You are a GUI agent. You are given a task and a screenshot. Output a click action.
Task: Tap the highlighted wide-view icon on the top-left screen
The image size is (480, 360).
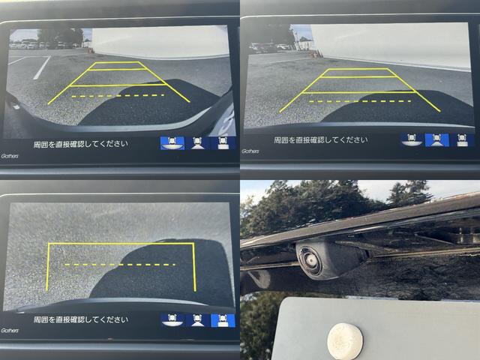[172, 143]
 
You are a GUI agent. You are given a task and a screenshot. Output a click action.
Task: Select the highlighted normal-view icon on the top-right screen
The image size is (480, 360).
[436, 140]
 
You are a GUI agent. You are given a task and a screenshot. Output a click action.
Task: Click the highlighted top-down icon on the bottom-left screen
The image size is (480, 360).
[223, 320]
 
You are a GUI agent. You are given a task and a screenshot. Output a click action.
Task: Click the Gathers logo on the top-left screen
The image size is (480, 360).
[10, 156]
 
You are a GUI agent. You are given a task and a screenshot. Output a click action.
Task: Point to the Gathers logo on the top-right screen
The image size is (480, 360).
[250, 151]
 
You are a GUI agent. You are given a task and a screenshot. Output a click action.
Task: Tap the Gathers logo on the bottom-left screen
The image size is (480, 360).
[10, 331]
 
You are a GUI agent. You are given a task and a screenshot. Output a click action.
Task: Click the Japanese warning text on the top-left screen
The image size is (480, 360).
[81, 144]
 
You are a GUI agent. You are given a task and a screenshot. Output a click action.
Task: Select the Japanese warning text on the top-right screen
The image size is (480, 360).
[320, 140]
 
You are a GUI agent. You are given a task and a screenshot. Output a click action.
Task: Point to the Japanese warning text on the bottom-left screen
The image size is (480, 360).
[81, 320]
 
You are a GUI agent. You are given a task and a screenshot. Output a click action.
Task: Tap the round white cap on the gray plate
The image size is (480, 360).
[345, 341]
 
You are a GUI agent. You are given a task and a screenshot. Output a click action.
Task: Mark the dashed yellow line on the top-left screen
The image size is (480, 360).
[118, 96]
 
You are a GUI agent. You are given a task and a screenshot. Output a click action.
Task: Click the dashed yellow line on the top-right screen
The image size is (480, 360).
[360, 101]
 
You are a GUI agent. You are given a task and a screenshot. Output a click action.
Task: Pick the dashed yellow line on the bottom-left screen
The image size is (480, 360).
[120, 265]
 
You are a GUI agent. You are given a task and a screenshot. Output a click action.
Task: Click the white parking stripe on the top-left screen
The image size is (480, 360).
[42, 67]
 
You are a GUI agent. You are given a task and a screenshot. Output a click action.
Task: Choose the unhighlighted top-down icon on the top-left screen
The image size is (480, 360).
[223, 143]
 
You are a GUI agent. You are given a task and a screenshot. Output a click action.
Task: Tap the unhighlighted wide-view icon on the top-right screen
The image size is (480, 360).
[412, 140]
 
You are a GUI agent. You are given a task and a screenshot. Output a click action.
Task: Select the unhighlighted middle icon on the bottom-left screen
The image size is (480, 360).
[197, 320]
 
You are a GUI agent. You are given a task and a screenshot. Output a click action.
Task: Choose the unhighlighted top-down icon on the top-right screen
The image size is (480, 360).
[462, 140]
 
